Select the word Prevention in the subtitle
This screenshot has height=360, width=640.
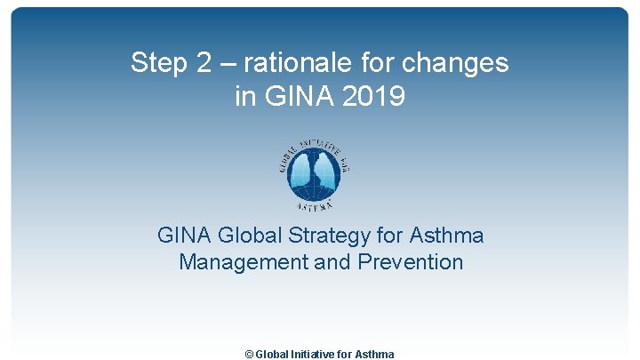411,262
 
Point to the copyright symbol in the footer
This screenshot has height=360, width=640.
249,354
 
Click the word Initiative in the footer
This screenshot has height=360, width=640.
316,354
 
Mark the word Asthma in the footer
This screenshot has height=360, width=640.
375,354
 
